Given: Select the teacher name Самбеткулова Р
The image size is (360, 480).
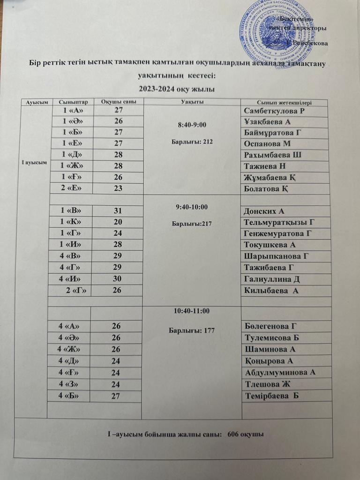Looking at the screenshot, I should (277, 111).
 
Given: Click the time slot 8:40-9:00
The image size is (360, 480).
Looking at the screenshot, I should (193, 125).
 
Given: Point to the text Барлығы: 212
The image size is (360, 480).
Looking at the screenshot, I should (193, 142).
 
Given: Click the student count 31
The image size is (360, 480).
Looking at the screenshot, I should (117, 210).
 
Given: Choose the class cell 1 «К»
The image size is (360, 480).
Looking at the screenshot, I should (71, 222).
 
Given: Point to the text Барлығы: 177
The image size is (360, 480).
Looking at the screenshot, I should (191, 330).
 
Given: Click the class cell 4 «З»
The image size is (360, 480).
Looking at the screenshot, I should (71, 384).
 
